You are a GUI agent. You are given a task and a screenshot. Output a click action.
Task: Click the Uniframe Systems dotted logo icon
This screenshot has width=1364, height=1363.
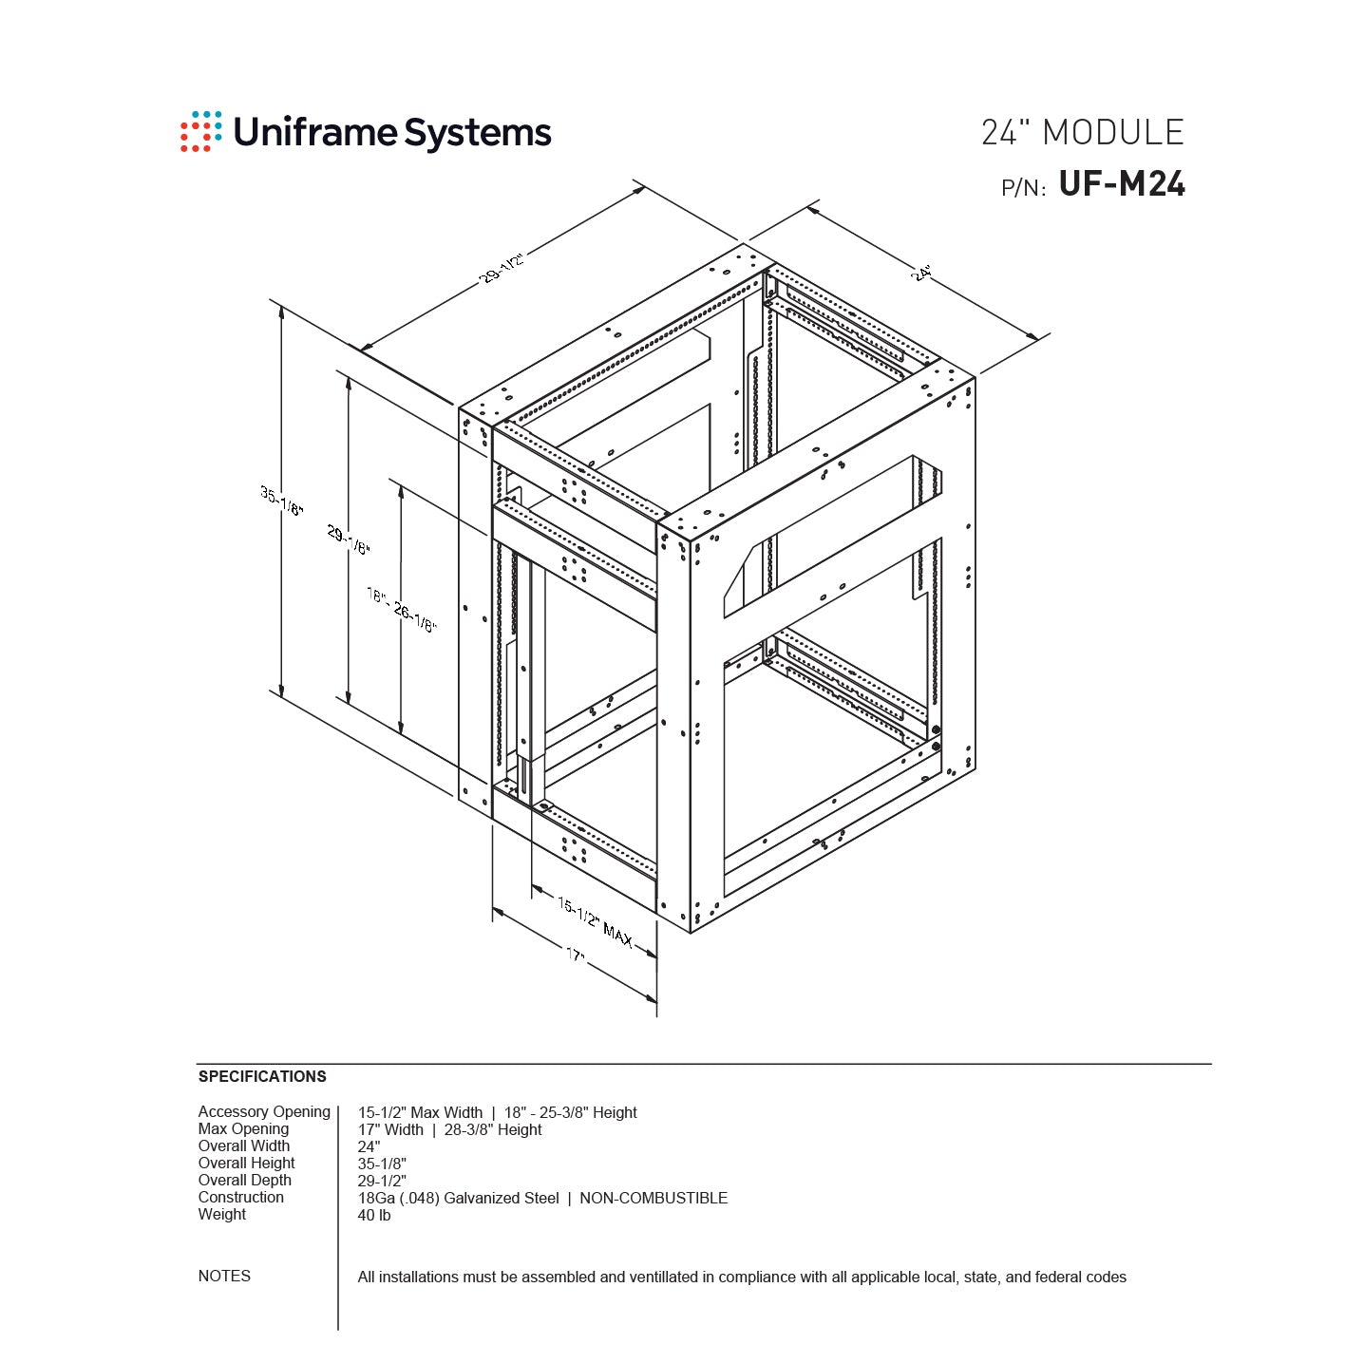click(200, 131)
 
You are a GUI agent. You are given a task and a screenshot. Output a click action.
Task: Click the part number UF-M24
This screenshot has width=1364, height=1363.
click(1122, 183)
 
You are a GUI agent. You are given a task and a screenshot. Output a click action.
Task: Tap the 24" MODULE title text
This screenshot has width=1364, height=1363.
click(1082, 132)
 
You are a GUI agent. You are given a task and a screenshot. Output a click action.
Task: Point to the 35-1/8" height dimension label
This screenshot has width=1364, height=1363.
click(282, 501)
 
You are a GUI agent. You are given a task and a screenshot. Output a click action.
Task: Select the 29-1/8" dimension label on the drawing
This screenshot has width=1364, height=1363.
click(349, 540)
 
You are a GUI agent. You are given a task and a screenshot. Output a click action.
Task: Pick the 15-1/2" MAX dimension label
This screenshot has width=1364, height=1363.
click(595, 921)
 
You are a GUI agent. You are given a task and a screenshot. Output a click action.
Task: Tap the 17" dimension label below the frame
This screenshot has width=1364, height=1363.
click(576, 955)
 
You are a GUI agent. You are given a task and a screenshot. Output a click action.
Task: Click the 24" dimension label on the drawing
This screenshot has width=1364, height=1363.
click(920, 273)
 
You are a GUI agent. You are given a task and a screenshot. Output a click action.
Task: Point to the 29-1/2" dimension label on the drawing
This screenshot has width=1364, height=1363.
click(502, 268)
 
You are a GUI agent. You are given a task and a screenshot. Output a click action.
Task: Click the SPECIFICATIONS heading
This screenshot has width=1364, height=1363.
click(262, 1076)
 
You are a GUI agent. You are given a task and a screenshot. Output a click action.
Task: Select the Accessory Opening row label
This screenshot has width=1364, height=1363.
click(264, 1111)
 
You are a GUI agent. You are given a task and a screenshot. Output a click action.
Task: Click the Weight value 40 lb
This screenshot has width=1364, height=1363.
click(374, 1215)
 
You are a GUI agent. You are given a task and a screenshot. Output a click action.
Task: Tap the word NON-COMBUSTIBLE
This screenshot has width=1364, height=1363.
click(654, 1198)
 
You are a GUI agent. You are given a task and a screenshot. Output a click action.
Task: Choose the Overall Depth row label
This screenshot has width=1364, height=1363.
click(245, 1180)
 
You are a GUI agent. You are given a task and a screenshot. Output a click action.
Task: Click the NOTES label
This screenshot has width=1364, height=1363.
click(224, 1276)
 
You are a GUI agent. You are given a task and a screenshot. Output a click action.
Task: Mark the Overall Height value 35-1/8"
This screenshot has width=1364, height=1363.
click(382, 1164)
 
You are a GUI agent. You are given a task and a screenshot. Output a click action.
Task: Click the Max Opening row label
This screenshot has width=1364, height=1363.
click(243, 1128)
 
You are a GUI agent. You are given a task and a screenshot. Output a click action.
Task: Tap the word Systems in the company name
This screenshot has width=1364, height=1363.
click(478, 132)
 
